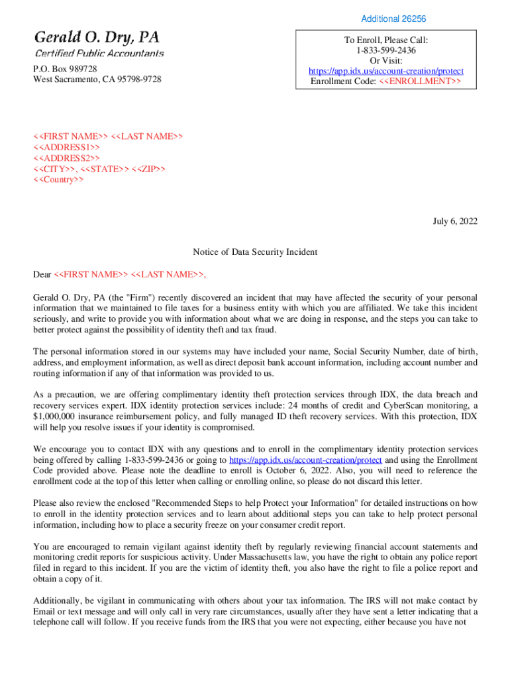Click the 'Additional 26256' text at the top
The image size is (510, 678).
(393, 19)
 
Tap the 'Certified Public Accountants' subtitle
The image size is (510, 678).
(99, 53)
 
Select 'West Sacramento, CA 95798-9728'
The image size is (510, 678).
(97, 79)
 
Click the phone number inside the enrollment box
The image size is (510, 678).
(386, 50)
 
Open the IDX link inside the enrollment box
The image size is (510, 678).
(386, 71)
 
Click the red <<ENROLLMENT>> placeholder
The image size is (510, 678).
(421, 81)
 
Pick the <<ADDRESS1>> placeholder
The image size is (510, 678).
(67, 147)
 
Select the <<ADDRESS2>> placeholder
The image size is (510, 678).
(67, 158)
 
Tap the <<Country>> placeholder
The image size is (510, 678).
(58, 179)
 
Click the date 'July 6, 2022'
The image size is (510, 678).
(454, 221)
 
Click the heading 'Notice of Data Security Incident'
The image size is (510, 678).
(255, 252)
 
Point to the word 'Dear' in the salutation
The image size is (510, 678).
(42, 274)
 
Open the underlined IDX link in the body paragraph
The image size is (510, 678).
(305, 460)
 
